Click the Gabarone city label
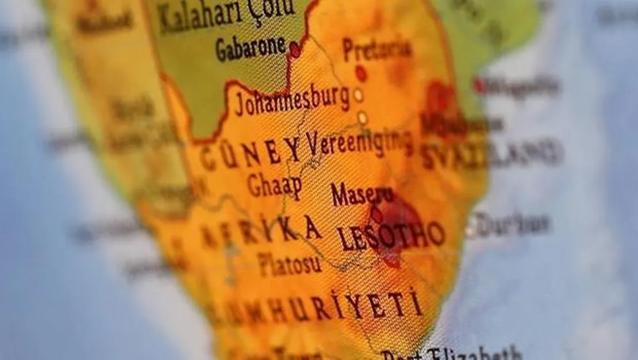pos(251,49)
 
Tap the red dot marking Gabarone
pos(295,50)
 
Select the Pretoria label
pos(377,50)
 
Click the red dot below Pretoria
pos(361,73)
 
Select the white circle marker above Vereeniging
pos(363,118)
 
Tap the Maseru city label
pos(362,196)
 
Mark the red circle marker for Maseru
pos(376,215)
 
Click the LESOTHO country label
pos(391,236)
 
